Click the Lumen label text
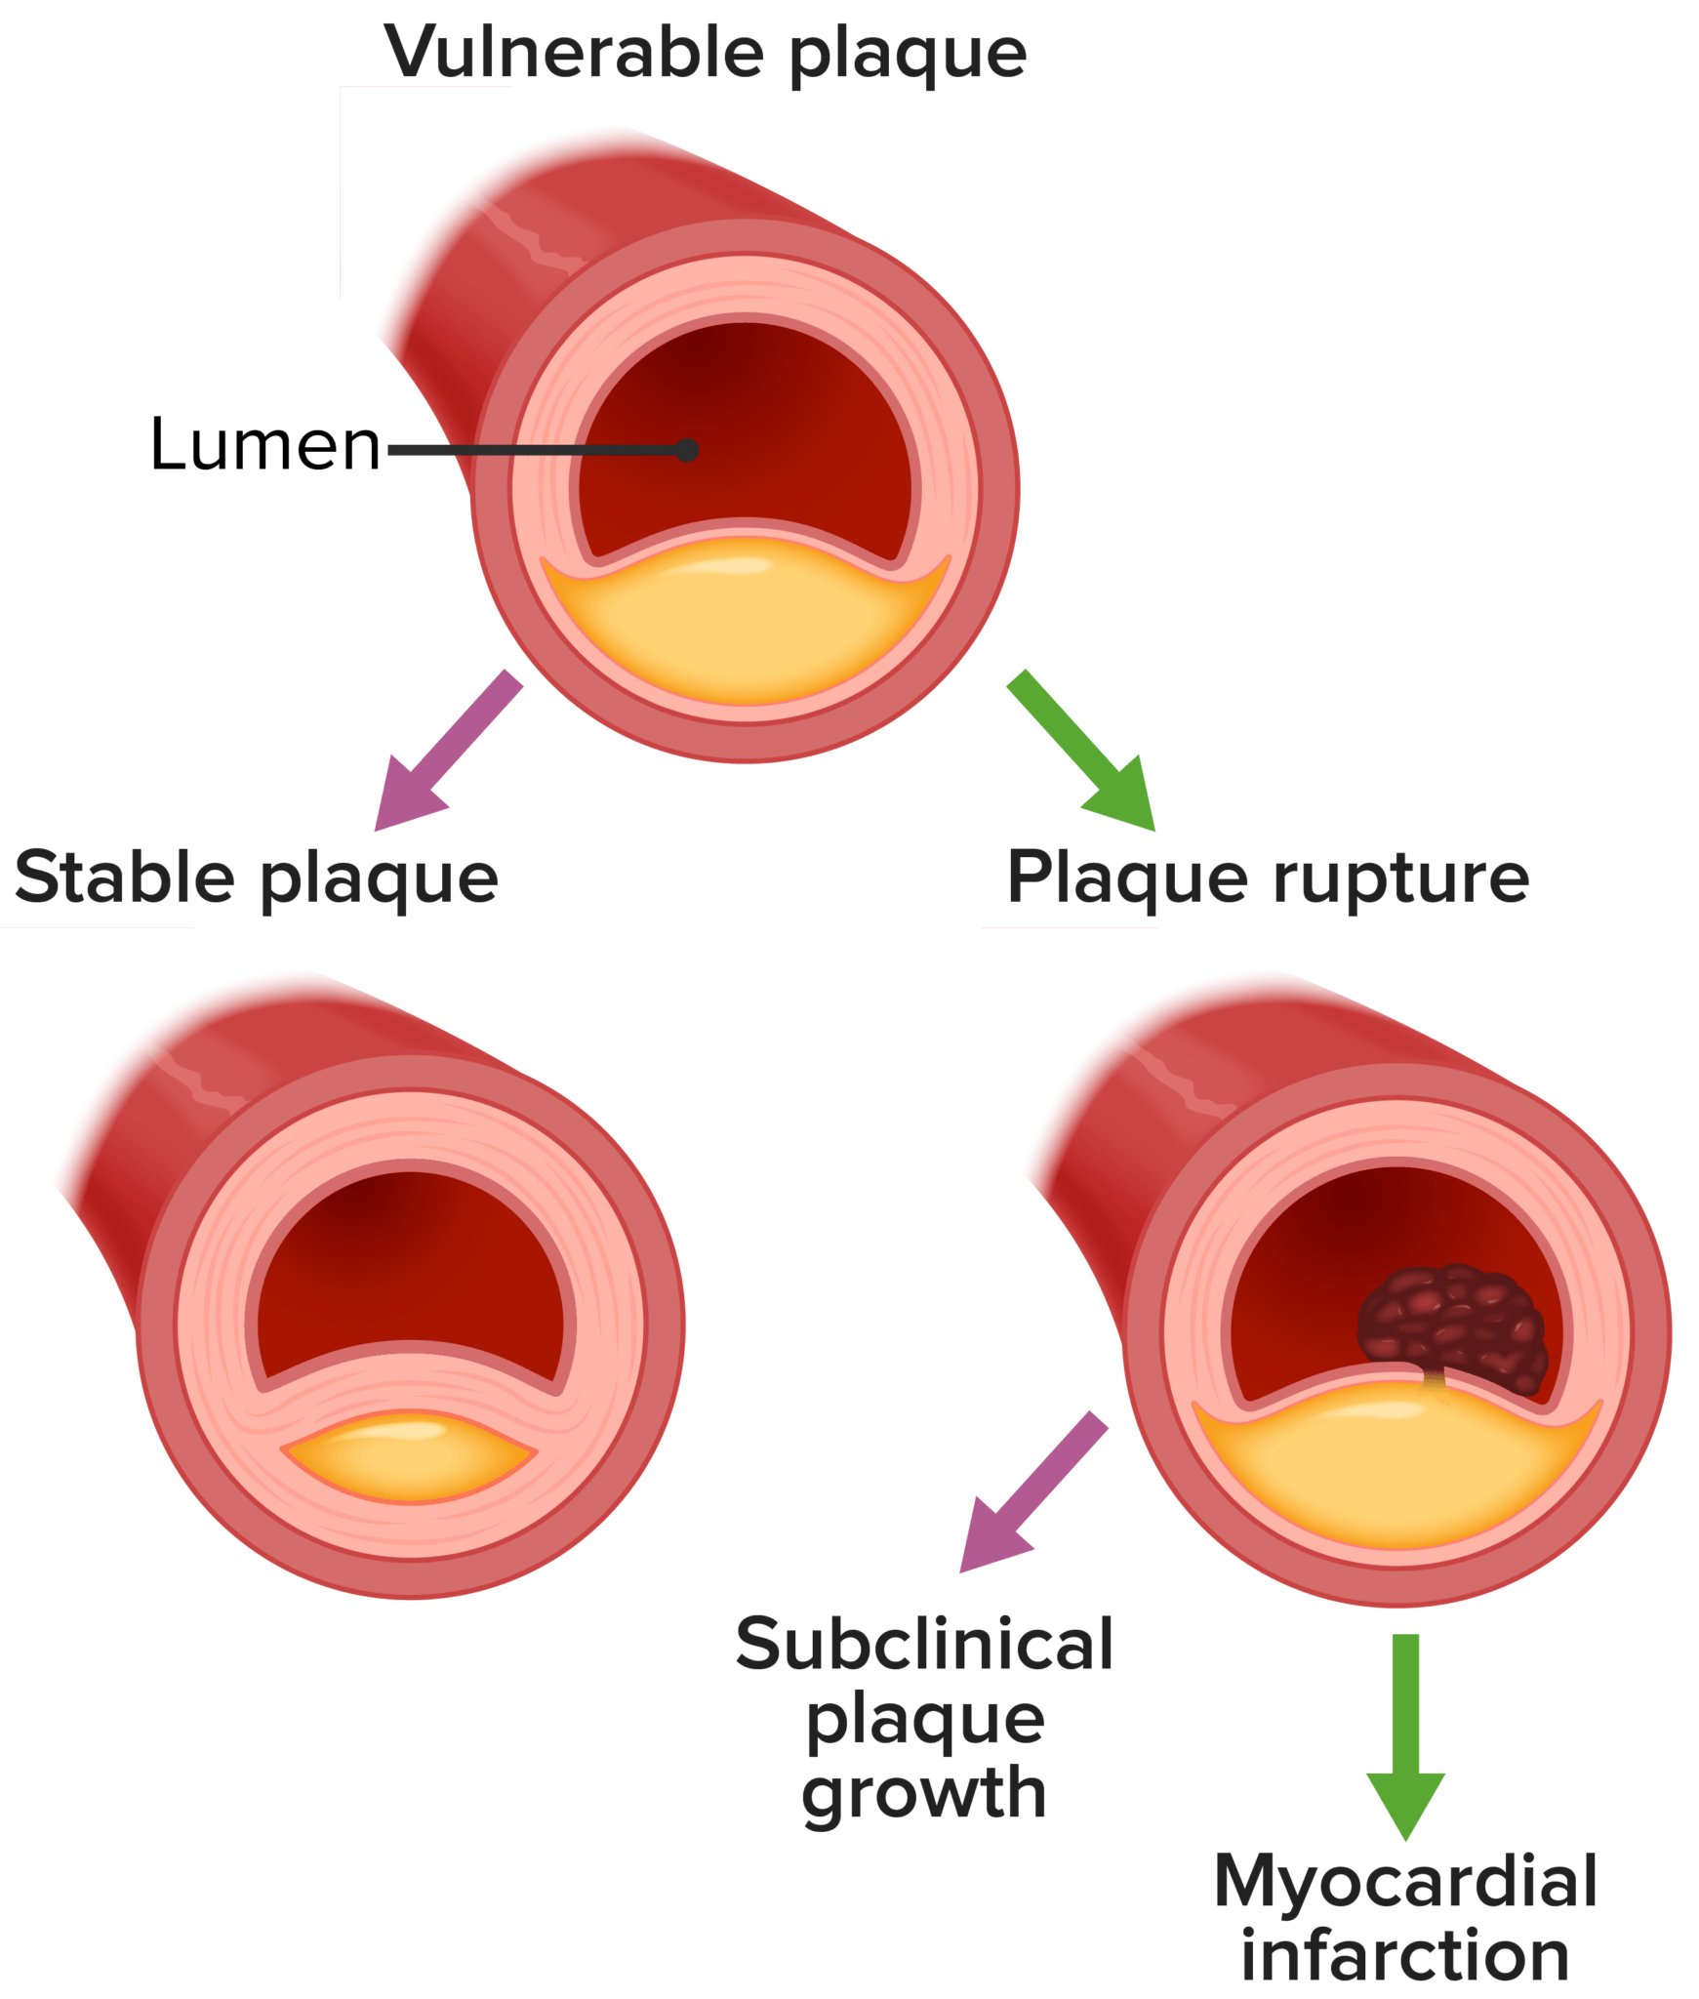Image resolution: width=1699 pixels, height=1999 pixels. (x=264, y=445)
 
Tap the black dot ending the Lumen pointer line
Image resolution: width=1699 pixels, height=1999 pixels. (x=687, y=450)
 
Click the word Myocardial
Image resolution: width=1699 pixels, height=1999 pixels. (x=1405, y=1881)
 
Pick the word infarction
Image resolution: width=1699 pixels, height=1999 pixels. (x=1405, y=1955)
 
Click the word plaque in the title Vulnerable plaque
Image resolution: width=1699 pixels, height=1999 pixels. (x=908, y=55)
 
